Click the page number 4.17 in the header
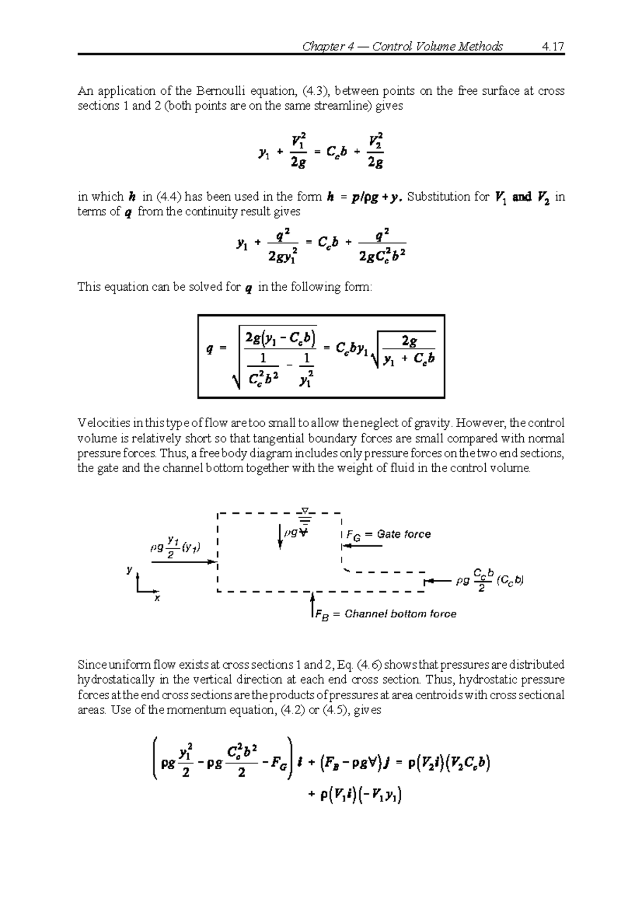click(x=553, y=47)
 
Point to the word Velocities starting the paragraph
click(x=103, y=423)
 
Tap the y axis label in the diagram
click(x=129, y=571)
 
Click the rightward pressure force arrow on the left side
click(x=184, y=562)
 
